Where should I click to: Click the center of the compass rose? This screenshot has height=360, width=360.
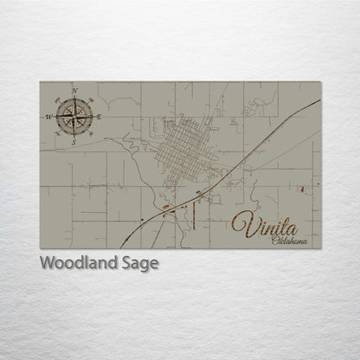pos(74,115)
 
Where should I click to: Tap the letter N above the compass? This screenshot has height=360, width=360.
pos(75,91)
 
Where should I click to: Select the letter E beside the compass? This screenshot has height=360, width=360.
pos(100,116)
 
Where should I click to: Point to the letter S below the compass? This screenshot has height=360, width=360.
pos(74,141)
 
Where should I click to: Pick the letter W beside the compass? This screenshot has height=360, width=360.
pos(49,116)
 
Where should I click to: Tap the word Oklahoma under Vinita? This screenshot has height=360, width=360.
pos(288,240)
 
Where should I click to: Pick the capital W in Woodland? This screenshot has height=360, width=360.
pos(44,263)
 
